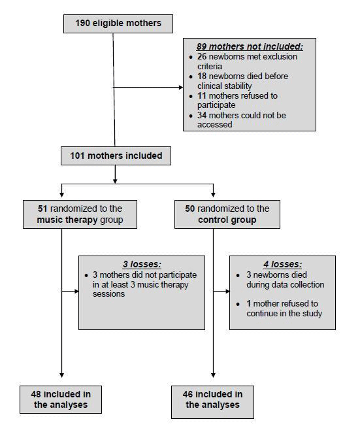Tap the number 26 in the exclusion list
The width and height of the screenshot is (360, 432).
pyautogui.click(x=201, y=57)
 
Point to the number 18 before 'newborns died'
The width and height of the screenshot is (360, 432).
pyautogui.click(x=201, y=76)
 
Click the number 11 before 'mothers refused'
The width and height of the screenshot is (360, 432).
pyautogui.click(x=201, y=95)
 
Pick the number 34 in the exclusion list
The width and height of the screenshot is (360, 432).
pyautogui.click(x=201, y=115)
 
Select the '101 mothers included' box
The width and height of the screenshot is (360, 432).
pyautogui.click(x=116, y=156)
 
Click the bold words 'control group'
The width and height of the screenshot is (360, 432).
pyautogui.click(x=214, y=220)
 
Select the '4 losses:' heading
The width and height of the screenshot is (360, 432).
pyautogui.click(x=282, y=265)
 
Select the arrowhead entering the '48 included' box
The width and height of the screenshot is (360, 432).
pyautogui.click(x=62, y=375)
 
